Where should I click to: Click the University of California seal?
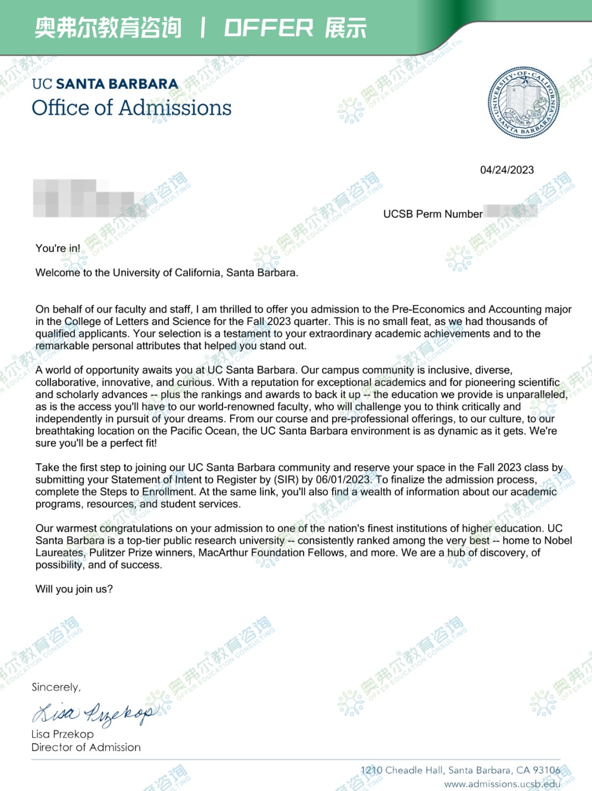click(523, 104)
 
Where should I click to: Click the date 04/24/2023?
click(506, 170)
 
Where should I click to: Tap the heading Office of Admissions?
click(132, 108)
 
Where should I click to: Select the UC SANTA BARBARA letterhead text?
click(105, 84)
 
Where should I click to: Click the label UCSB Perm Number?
click(432, 214)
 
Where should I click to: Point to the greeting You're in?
click(58, 248)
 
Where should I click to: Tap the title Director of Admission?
click(86, 747)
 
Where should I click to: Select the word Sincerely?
click(56, 687)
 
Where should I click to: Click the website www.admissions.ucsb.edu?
click(502, 784)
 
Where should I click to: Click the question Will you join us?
click(74, 589)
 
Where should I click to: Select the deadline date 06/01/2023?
click(343, 480)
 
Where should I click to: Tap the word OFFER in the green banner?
click(269, 28)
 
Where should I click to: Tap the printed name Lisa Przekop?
click(62, 734)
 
